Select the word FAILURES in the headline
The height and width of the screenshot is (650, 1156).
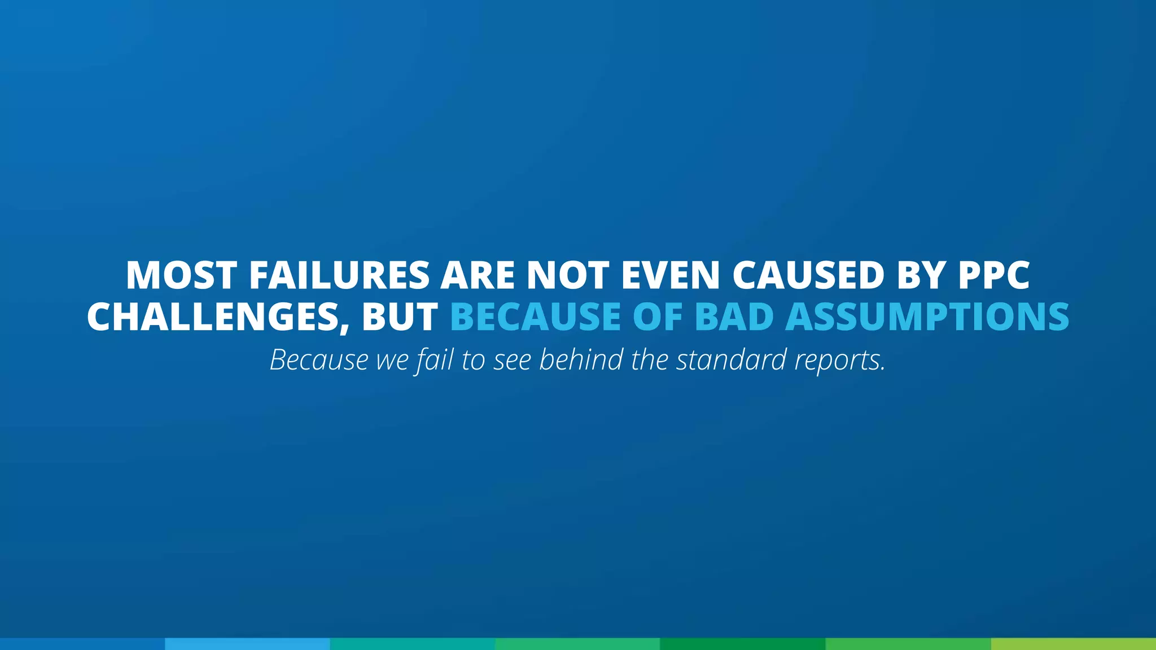pyautogui.click(x=339, y=275)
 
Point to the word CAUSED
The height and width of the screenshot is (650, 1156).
pyautogui.click(x=808, y=275)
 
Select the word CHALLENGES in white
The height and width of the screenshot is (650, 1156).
pyautogui.click(x=217, y=317)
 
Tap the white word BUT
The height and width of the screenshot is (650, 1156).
pyautogui.click(x=400, y=317)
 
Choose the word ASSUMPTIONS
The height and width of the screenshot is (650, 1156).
pyautogui.click(x=927, y=317)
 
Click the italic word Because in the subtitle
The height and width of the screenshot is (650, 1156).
pyautogui.click(x=319, y=359)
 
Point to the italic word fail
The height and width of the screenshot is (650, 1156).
pyautogui.click(x=435, y=359)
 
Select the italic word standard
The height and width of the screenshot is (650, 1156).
pyautogui.click(x=731, y=359)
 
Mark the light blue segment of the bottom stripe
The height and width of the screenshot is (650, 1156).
pyautogui.click(x=247, y=644)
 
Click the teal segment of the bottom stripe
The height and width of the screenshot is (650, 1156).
pyautogui.click(x=413, y=644)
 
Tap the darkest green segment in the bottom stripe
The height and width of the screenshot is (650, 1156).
pyautogui.click(x=742, y=644)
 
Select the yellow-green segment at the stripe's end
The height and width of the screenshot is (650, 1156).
pyautogui.click(x=1073, y=644)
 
